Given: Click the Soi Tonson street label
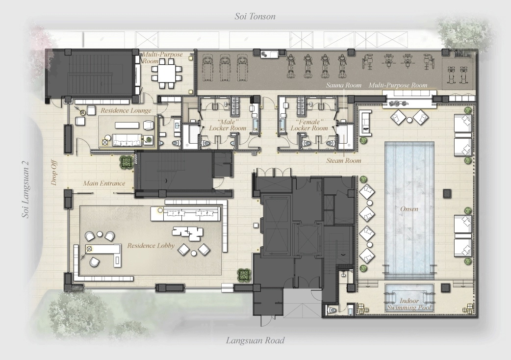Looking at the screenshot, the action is click(x=255, y=16).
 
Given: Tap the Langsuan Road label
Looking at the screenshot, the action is click(x=255, y=340).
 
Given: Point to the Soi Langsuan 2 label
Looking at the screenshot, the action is click(x=26, y=189).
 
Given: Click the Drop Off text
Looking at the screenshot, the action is click(x=54, y=172).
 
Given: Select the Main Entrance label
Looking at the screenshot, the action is click(x=104, y=183).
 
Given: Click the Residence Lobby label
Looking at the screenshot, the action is click(x=151, y=245).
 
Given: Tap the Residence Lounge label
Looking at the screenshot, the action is click(x=126, y=110).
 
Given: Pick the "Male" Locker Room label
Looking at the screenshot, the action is click(x=228, y=125).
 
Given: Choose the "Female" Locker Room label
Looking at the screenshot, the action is click(x=309, y=125).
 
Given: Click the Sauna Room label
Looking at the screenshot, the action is click(x=344, y=85).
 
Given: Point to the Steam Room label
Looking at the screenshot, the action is click(x=344, y=160).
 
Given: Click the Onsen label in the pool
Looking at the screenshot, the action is click(x=409, y=209).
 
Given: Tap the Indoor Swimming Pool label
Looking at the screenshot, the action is click(x=409, y=304).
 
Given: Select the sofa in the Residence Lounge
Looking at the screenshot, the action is click(x=127, y=140).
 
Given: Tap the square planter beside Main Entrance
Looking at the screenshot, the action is click(x=126, y=161).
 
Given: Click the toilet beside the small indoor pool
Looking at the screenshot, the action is click(x=332, y=309).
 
